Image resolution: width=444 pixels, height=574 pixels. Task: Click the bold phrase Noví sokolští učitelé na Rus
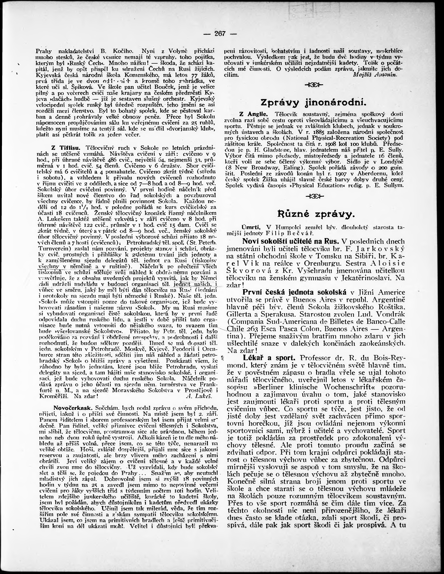290,241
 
